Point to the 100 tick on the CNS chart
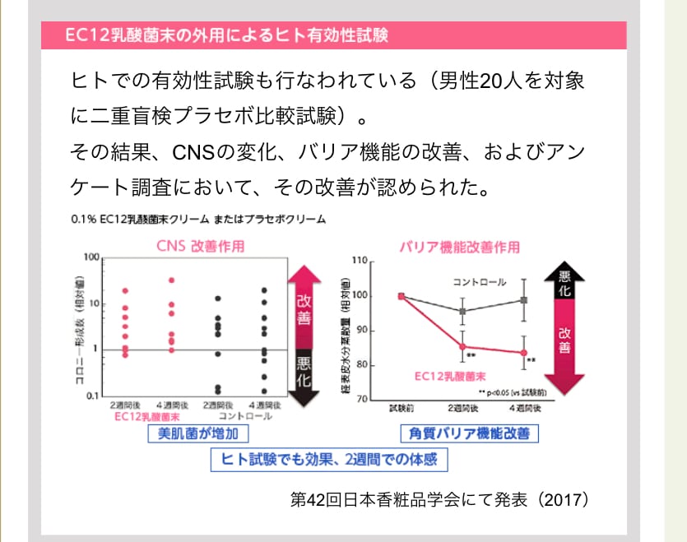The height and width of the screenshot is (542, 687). [x=91, y=258]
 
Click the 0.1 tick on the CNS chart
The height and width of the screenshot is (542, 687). [x=92, y=396]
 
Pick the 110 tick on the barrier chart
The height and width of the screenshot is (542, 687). [x=358, y=261]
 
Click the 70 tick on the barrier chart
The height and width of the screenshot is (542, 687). [x=360, y=399]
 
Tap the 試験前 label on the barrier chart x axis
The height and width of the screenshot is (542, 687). [x=402, y=408]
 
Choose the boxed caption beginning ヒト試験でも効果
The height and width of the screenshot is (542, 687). [x=329, y=459]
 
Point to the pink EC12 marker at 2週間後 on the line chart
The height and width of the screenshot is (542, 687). [x=462, y=346]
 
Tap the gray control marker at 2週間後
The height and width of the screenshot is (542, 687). [x=462, y=312]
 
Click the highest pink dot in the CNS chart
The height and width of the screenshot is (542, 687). [x=172, y=280]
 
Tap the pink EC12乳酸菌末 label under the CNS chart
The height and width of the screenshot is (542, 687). [x=149, y=417]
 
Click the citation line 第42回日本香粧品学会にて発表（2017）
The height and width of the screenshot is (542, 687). [x=440, y=499]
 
